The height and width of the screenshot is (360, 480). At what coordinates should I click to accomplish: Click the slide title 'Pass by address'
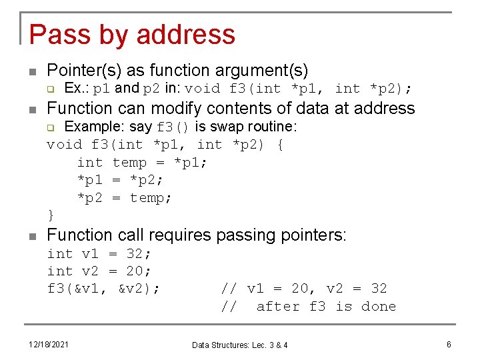[132, 35]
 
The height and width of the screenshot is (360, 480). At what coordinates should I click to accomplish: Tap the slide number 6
[449, 344]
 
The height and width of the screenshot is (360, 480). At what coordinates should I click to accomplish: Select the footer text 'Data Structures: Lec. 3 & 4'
[240, 345]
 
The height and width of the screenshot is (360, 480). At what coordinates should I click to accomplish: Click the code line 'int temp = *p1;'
[142, 162]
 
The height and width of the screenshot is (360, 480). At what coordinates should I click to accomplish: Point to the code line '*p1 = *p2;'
[121, 180]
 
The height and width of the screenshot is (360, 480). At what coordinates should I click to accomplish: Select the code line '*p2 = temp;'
[125, 198]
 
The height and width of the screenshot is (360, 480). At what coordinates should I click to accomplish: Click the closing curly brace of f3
[51, 215]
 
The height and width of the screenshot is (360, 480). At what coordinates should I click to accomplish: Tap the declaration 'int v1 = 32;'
[99, 253]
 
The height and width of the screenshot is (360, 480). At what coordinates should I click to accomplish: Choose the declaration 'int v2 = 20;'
[99, 271]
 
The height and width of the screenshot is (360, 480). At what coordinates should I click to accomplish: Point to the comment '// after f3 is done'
[309, 306]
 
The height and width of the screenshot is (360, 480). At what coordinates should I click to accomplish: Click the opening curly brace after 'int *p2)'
[279, 144]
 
